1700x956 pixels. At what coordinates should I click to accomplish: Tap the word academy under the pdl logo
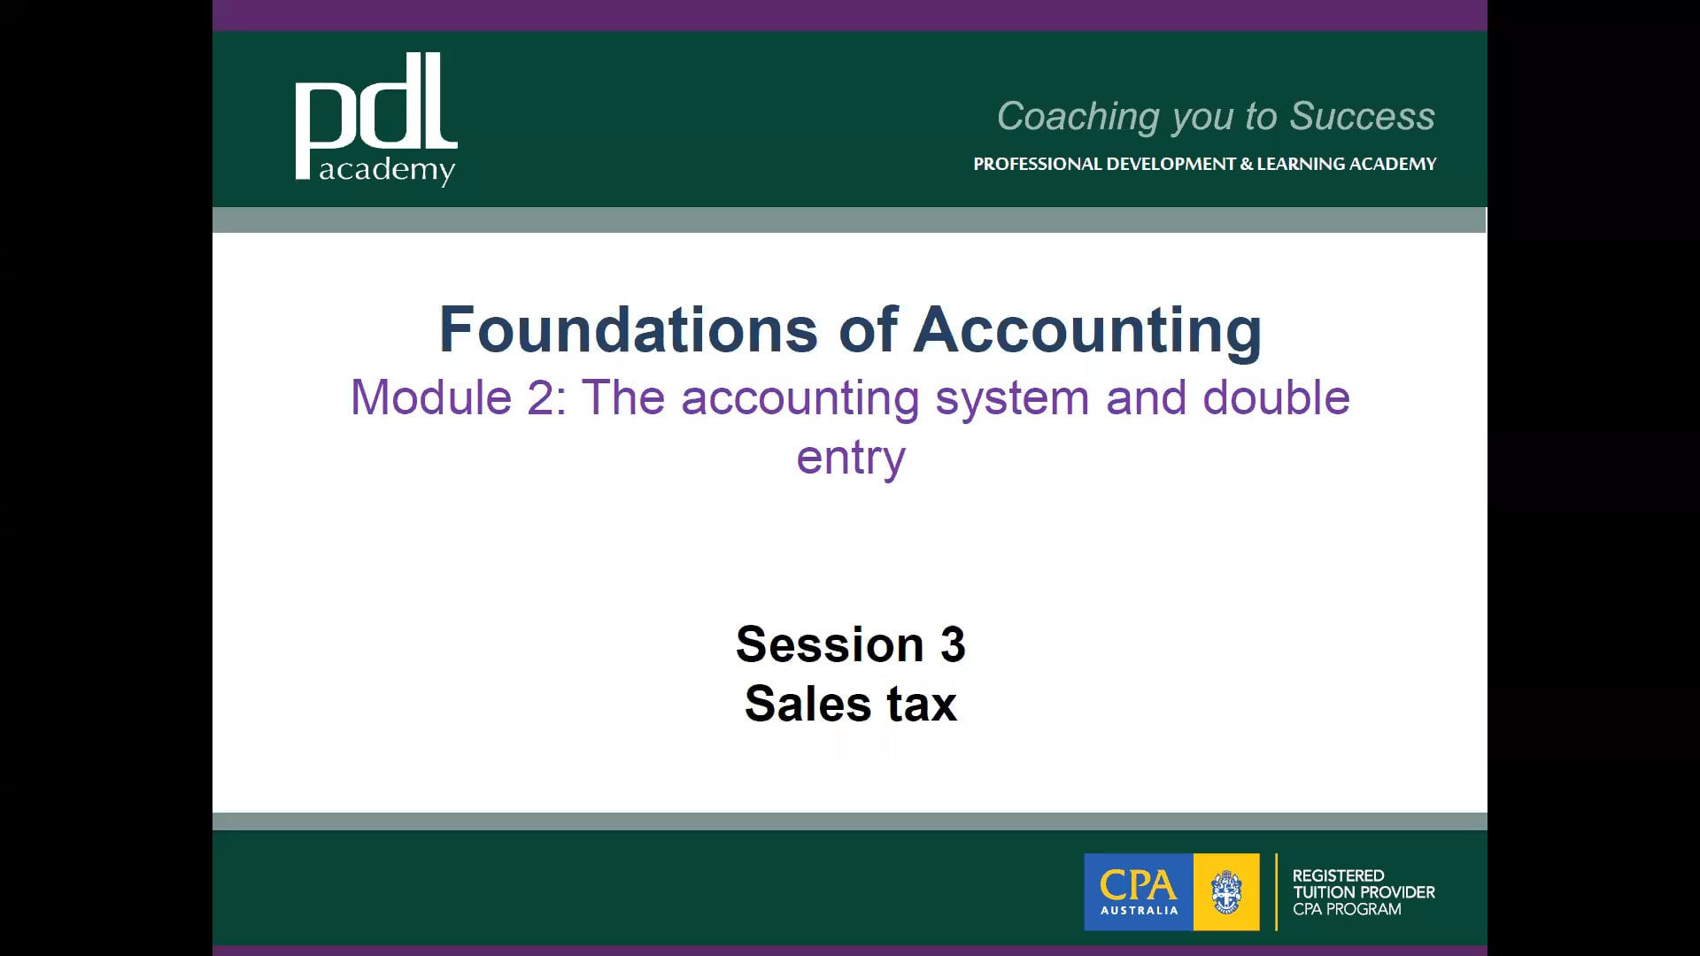[x=387, y=169]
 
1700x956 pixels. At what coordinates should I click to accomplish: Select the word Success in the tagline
[x=1362, y=117]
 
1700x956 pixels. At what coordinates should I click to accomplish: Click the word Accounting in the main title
[x=1087, y=330]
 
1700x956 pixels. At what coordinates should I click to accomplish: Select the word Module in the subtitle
[x=431, y=397]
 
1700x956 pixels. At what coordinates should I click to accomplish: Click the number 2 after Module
[x=539, y=397]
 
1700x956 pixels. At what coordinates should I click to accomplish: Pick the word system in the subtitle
[x=1012, y=397]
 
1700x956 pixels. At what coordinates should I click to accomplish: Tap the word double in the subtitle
[x=1276, y=397]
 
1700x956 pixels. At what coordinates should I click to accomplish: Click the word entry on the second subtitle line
[x=851, y=458]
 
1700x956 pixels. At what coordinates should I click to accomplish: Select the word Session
[x=830, y=644]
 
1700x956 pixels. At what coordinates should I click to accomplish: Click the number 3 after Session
[x=953, y=644]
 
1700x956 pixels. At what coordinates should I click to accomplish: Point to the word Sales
[x=807, y=704]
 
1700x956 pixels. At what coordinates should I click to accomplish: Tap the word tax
[x=922, y=704]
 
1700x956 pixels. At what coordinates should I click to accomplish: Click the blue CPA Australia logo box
[x=1139, y=891]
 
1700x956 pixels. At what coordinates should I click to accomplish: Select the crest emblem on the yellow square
[x=1226, y=891]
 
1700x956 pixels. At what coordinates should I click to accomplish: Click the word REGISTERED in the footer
[x=1338, y=875]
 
